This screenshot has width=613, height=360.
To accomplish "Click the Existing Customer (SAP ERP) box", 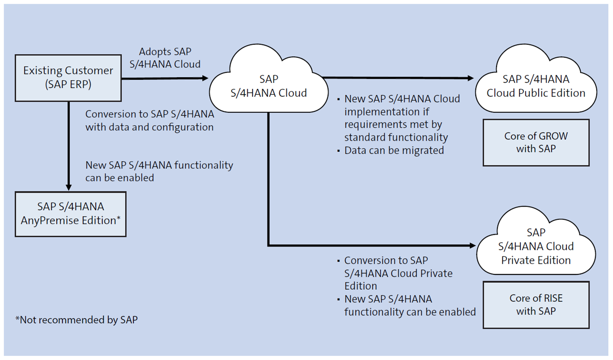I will [68, 78].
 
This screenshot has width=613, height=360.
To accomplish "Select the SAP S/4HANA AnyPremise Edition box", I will [70, 214].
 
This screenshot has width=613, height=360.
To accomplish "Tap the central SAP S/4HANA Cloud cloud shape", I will [268, 86].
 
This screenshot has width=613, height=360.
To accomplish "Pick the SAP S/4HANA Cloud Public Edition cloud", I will [536, 86].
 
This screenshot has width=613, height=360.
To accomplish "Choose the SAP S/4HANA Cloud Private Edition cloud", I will [536, 246].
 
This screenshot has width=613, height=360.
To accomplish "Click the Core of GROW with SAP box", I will [536, 143].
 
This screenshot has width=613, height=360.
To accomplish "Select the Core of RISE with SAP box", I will [536, 305].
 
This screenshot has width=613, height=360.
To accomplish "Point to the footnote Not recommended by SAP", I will [77, 320].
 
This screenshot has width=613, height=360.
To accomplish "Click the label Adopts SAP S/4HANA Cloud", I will [165, 58].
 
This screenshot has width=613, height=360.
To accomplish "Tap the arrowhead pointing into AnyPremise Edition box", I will [69, 187].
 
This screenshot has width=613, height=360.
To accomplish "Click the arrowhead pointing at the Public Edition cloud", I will [470, 78].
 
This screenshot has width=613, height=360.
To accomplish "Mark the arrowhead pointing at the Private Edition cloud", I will [472, 246].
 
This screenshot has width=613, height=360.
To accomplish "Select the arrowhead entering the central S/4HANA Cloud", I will [205, 78].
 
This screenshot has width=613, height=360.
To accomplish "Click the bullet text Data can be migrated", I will [393, 150].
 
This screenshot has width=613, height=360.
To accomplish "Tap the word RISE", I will [553, 298].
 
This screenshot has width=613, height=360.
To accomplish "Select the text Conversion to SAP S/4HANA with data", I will [149, 121].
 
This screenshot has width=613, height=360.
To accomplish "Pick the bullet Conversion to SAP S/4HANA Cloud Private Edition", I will [398, 273].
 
